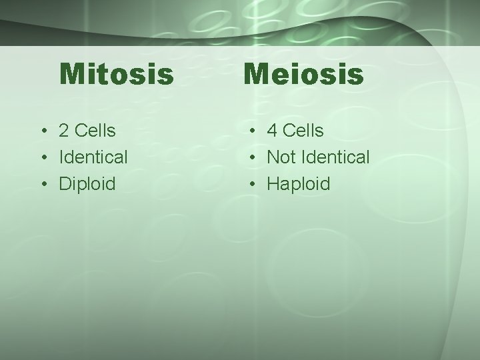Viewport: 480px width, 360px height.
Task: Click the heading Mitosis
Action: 117,75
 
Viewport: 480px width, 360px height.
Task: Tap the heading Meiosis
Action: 303,75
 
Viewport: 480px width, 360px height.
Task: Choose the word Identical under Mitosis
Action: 93,157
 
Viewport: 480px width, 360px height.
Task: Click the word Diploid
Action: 87,184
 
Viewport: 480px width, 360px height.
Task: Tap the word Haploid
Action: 299,184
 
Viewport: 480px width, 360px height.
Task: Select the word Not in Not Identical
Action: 281,157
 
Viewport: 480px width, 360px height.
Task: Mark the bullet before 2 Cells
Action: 43,131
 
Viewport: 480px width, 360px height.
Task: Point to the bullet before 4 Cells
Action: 250,131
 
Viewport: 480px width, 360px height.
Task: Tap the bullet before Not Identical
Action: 250,158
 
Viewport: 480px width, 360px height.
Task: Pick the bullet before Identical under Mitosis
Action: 43,158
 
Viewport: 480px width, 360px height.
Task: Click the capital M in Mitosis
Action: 71,75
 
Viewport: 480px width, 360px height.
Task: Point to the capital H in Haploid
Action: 273,184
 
